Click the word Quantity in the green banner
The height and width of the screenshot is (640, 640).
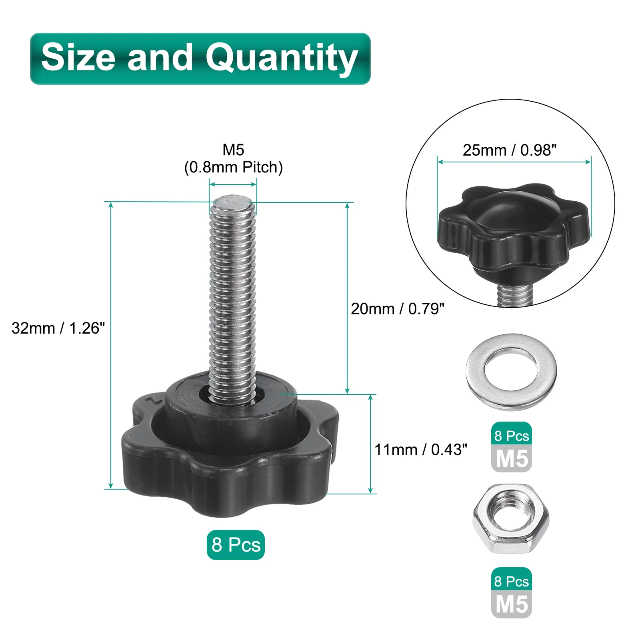pos(282,59)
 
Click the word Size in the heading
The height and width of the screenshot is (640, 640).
pos(79,57)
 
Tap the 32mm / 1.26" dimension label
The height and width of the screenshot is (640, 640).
pos(58,328)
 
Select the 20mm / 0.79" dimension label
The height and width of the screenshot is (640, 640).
pos(398,309)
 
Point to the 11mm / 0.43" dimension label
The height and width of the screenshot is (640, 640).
pos(421,450)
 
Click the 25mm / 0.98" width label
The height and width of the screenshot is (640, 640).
pos(510,150)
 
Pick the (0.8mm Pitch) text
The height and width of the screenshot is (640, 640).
pos(233,167)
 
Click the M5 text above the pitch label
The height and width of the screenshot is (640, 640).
pos(233,150)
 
